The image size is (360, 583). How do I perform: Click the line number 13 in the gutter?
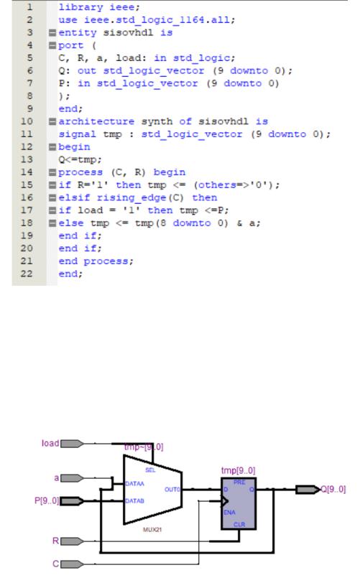click(27, 159)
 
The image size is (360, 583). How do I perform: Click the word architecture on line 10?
click(96, 121)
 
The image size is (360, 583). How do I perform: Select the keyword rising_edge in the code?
click(131, 198)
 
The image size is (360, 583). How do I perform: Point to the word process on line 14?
click(80, 172)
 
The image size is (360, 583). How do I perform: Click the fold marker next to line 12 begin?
click(52, 147)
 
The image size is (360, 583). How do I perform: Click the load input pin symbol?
click(72, 444)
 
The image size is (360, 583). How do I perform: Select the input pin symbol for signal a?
click(72, 477)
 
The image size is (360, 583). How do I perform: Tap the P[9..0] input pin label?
click(47, 500)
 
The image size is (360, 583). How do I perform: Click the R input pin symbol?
click(72, 541)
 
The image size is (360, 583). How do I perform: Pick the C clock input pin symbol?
click(72, 564)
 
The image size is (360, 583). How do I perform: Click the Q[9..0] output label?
click(333, 489)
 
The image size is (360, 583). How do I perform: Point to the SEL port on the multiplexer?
click(150, 470)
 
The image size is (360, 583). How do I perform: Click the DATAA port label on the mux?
click(134, 484)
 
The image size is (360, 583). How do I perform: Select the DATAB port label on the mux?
click(134, 501)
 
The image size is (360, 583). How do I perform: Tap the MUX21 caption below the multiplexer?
click(152, 529)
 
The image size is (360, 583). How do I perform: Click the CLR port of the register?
click(239, 524)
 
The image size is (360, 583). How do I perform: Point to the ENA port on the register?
click(229, 513)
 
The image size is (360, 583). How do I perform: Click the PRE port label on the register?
click(239, 482)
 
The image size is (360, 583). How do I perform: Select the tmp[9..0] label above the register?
click(239, 471)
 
